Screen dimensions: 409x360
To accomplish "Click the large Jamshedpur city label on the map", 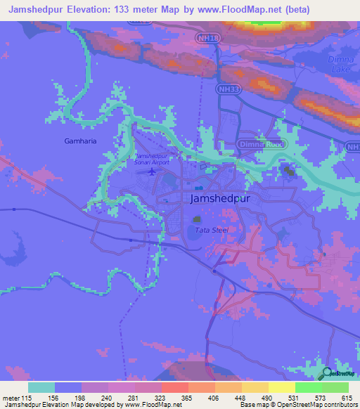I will (x=220, y=199).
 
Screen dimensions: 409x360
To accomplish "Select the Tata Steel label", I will (x=211, y=230).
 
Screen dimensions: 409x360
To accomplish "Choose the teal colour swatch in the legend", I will (x=41, y=387).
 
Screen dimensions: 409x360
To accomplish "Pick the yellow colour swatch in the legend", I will (x=282, y=387).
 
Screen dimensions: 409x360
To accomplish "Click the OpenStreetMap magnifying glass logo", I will (x=326, y=373).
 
